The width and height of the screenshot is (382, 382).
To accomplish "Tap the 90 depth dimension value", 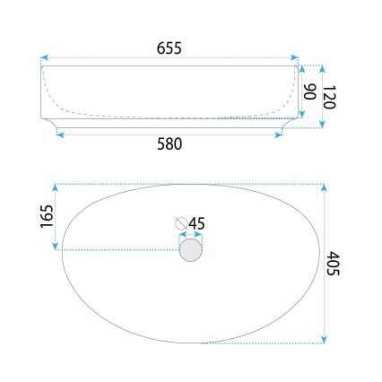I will [308, 91].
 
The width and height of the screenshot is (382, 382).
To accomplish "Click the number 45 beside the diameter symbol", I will [197, 223].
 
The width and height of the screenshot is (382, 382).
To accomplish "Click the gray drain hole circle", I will [190, 249].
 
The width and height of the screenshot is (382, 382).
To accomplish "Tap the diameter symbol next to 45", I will [181, 223].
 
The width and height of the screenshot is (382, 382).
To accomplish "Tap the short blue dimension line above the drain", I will [190, 235].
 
